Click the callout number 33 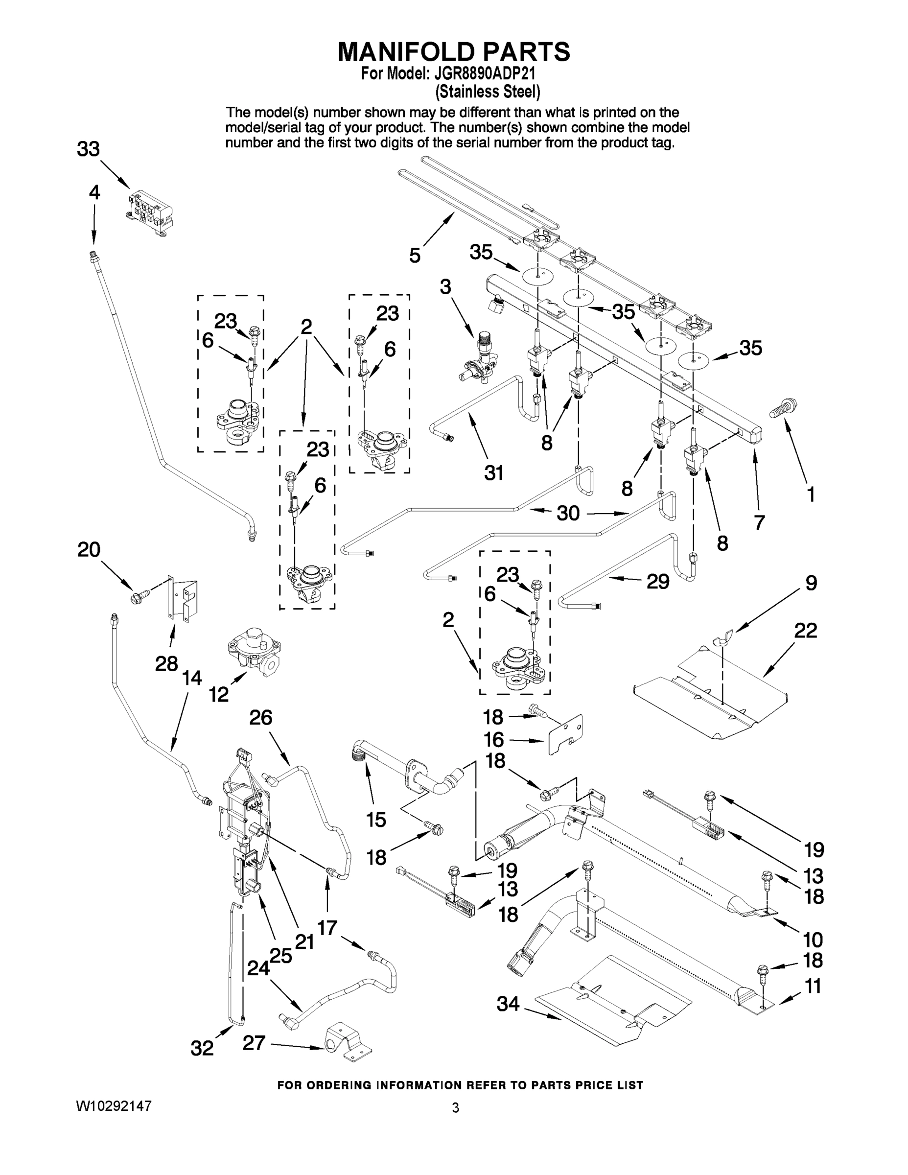[88, 149]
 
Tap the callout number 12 [219, 695]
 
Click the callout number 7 [759, 522]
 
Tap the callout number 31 [494, 473]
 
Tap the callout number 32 [202, 1048]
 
